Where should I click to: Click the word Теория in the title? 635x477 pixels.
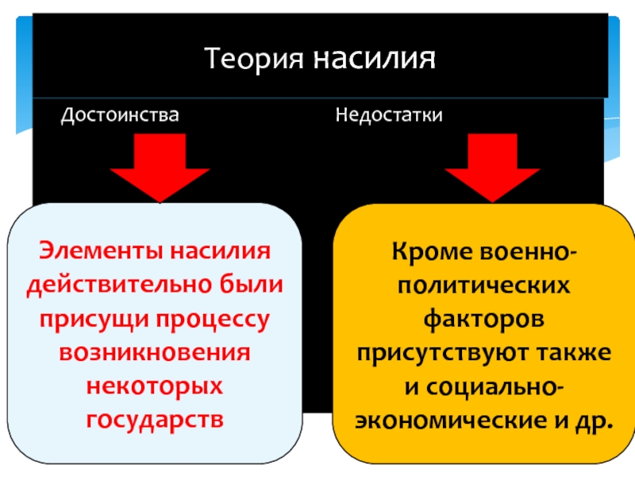(253, 59)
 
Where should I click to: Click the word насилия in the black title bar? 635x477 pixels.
(374, 58)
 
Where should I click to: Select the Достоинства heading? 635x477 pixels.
(120, 115)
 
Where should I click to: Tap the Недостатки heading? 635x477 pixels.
(389, 114)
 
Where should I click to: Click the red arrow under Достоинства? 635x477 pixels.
(160, 168)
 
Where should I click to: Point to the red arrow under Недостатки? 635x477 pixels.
(492, 168)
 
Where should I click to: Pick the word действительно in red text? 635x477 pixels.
(120, 285)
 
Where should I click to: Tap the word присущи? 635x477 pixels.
(94, 320)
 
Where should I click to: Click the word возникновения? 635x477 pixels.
(155, 352)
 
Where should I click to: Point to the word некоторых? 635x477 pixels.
(155, 386)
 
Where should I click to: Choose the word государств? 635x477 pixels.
(155, 421)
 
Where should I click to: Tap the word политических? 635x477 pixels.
(484, 285)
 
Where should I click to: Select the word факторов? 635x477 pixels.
(484, 320)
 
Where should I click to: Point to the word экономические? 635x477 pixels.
(451, 421)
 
